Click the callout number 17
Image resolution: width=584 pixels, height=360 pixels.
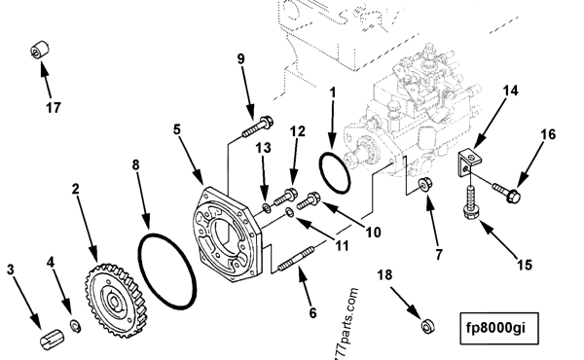(53, 107)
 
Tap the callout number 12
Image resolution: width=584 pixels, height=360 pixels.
(298, 130)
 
